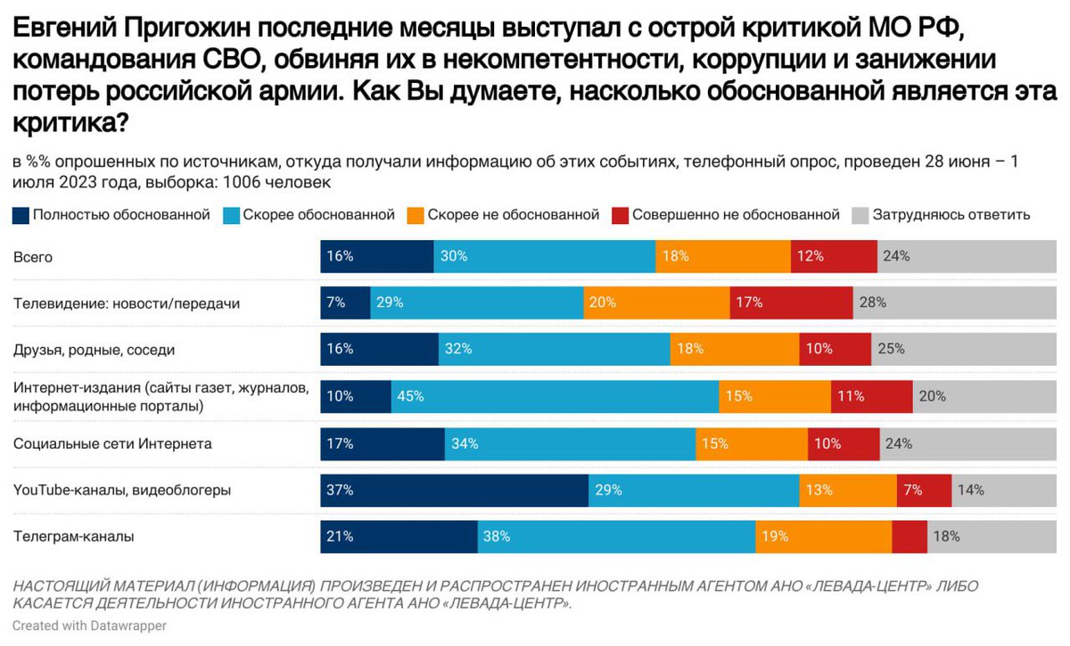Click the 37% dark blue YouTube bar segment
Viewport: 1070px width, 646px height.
pyautogui.click(x=454, y=490)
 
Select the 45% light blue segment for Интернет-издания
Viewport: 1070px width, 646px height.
pyautogui.click(x=555, y=396)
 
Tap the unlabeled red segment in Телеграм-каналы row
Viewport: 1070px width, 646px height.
pyautogui.click(x=909, y=536)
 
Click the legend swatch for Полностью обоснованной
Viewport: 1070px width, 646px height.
pyautogui.click(x=21, y=215)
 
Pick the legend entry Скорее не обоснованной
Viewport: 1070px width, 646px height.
pyautogui.click(x=504, y=215)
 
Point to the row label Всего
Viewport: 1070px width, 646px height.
pyautogui.click(x=33, y=257)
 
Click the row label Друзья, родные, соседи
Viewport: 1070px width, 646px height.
pyautogui.click(x=94, y=350)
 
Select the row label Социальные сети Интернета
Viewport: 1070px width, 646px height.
pyautogui.click(x=112, y=443)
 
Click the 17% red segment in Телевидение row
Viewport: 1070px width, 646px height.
pyautogui.click(x=791, y=303)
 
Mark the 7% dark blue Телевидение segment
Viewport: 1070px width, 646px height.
pyautogui.click(x=345, y=303)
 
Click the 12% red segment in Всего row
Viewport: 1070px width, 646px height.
pyautogui.click(x=834, y=257)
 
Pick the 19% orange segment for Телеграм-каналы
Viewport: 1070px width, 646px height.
pyautogui.click(x=823, y=536)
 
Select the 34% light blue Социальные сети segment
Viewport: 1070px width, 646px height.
pyautogui.click(x=570, y=443)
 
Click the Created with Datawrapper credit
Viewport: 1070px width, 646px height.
pyautogui.click(x=89, y=626)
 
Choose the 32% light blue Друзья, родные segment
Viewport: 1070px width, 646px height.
pyautogui.click(x=554, y=350)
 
